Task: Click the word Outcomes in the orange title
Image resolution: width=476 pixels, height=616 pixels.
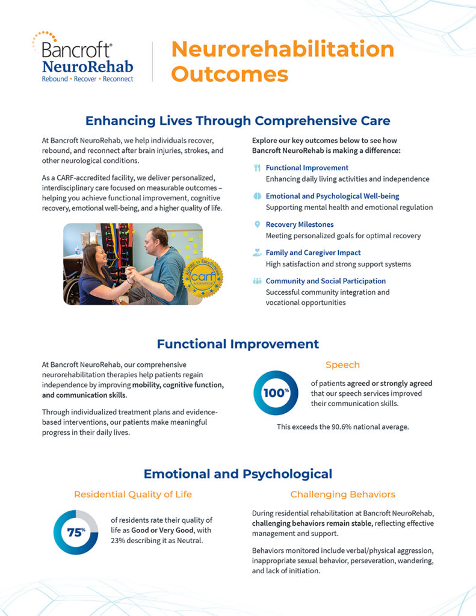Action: pos(229,74)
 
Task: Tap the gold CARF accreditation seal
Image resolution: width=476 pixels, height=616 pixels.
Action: pos(202,277)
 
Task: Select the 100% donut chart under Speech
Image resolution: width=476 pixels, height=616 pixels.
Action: pos(276,393)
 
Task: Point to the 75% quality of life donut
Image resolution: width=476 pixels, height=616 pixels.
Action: pos(76,532)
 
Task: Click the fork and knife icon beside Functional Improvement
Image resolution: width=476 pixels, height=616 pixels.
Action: pos(257,168)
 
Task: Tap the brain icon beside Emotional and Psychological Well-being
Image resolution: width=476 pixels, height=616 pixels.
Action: pos(257,196)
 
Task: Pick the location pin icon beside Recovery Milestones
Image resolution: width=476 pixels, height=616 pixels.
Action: pos(257,224)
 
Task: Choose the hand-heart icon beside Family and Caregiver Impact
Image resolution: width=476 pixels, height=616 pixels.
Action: pos(257,253)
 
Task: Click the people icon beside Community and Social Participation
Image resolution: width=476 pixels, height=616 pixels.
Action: pos(257,281)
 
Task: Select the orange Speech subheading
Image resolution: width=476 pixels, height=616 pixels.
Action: pos(342,365)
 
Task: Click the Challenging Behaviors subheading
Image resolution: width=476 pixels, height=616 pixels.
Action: pos(342,494)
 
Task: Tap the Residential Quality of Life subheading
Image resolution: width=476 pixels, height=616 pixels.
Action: pos(133,494)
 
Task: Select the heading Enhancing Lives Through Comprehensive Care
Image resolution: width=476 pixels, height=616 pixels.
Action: pos(238,121)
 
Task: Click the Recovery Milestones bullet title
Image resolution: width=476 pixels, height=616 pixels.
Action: pos(299,224)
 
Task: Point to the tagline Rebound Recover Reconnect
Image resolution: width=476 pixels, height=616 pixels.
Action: pos(87,79)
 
